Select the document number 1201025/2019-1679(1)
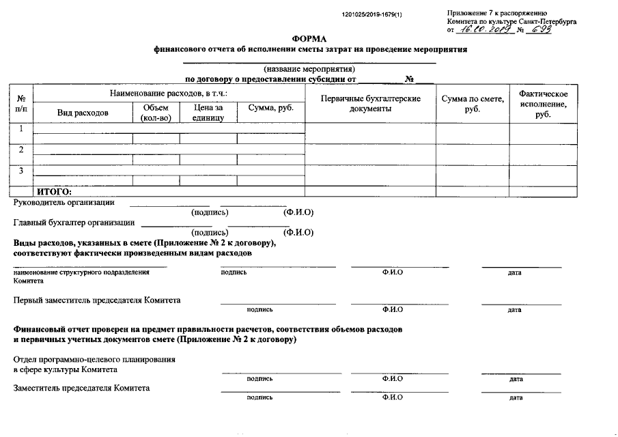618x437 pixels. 372,14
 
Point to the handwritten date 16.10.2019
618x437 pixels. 484,29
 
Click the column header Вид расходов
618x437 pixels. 83,113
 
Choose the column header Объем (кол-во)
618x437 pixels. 156,113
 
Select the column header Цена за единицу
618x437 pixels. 208,113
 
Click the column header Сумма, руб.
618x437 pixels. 270,109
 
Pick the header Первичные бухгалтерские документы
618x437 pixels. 370,104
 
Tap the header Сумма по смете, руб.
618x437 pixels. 473,104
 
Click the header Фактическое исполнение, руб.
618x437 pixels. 544,104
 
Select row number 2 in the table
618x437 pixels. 21,150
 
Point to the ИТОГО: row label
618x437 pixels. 55,192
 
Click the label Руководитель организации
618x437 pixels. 64,202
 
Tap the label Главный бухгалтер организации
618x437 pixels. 74,223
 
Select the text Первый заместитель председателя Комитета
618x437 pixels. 98,300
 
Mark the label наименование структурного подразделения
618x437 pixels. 81,272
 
